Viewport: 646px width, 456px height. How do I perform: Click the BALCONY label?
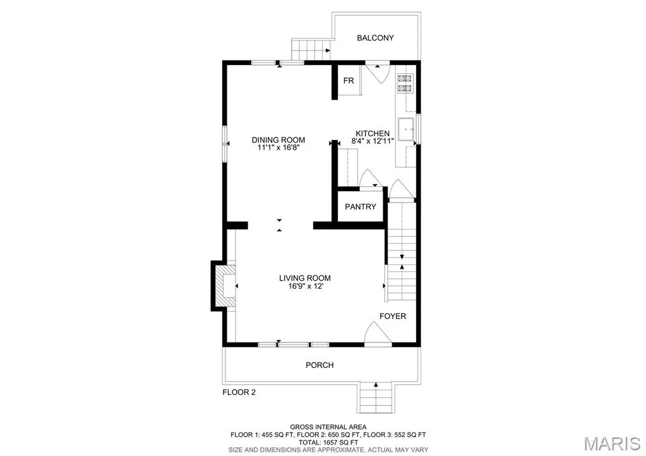point(375,38)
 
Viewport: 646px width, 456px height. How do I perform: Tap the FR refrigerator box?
point(349,80)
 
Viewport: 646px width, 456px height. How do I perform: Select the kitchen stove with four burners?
point(405,83)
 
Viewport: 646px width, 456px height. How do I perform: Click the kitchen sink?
point(407,130)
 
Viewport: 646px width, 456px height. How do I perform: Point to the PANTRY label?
point(361,207)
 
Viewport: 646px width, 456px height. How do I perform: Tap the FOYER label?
point(393,316)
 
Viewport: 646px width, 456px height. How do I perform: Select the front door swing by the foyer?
point(378,332)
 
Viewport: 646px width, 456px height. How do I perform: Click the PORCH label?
point(320,365)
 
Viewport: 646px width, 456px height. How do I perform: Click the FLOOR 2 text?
point(239,392)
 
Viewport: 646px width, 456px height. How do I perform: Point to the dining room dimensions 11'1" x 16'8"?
point(278,148)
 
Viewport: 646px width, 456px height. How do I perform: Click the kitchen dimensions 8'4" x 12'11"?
point(373,141)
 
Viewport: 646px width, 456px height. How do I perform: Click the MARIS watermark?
point(613,443)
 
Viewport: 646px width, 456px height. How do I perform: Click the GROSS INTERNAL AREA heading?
point(328,427)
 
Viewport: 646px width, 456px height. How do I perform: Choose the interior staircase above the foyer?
point(402,251)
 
